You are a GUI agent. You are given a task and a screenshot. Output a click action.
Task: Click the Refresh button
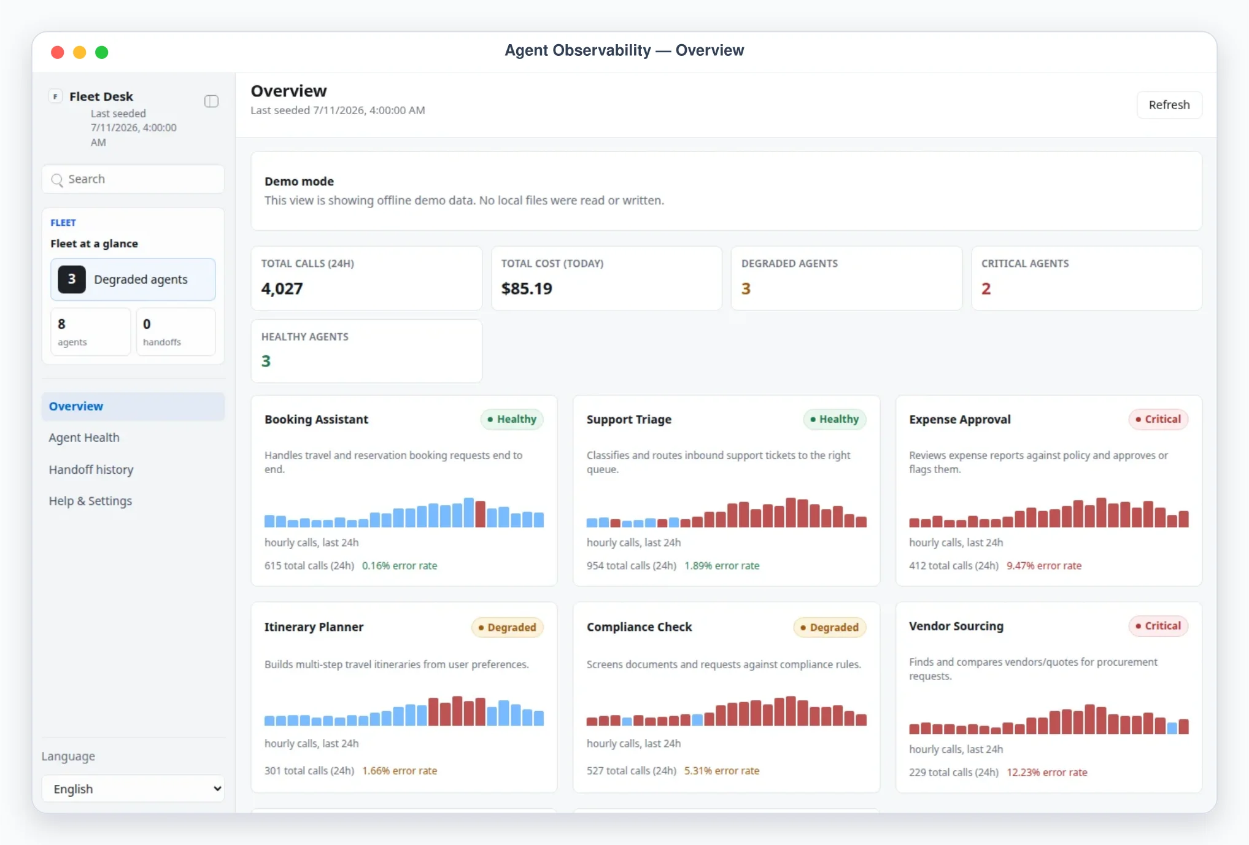[1169, 105]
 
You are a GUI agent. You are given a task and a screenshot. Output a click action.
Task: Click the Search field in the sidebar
[133, 179]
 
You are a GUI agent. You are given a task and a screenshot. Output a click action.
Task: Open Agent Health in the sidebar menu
[84, 438]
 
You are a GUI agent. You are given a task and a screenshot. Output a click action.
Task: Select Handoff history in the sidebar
[91, 469]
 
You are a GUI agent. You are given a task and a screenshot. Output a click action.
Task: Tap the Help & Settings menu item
[90, 501]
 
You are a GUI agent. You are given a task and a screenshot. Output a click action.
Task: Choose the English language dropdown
[133, 789]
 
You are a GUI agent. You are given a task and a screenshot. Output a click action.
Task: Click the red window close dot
[58, 52]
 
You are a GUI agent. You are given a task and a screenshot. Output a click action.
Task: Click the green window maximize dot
[102, 52]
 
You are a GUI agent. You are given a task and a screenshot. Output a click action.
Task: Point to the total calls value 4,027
[282, 288]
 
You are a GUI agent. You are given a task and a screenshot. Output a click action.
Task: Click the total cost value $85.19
[527, 288]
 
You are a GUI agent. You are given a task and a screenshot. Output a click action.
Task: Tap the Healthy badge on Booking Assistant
[512, 419]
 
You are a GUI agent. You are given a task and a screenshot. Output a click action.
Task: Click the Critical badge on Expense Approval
[1158, 419]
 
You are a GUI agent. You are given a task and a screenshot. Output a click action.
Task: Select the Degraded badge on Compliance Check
[830, 627]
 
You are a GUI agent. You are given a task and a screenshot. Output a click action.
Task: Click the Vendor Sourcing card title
[956, 626]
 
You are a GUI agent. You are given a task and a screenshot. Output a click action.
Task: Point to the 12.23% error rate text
[1047, 772]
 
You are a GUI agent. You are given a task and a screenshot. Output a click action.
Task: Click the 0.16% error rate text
[400, 566]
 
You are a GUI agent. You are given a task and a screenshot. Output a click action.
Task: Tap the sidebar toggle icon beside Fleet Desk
[211, 101]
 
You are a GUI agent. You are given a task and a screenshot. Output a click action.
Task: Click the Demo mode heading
[299, 181]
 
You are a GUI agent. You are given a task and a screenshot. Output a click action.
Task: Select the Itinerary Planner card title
[314, 627]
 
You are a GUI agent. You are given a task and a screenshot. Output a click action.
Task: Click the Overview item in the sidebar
[76, 406]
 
